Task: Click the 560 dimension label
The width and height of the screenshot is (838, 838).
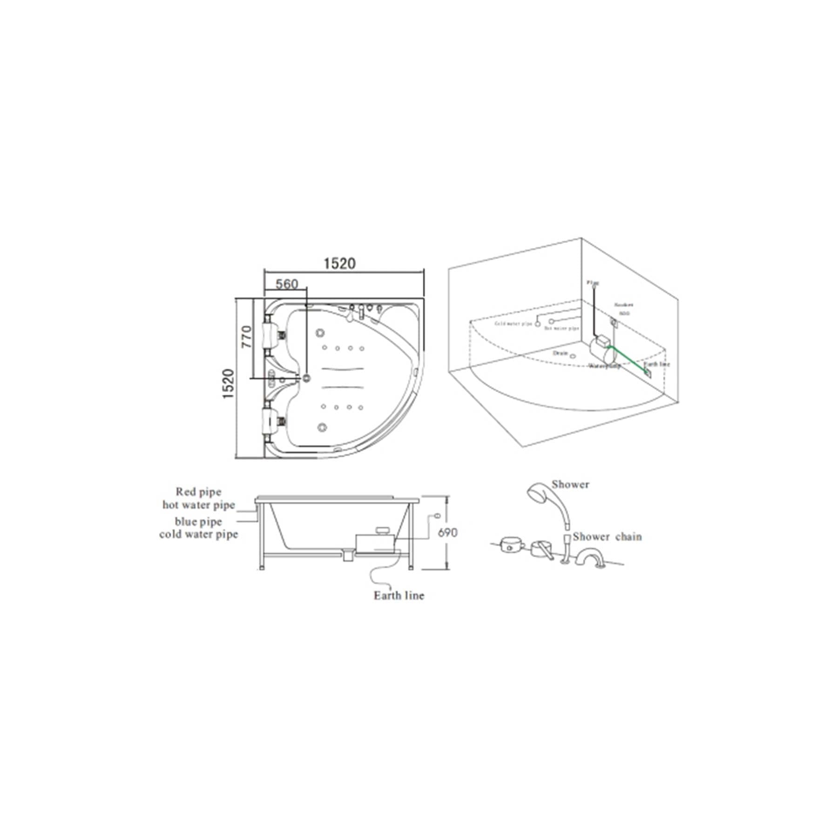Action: (286, 284)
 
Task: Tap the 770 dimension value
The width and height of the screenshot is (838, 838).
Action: (246, 336)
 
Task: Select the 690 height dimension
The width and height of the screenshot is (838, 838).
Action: (447, 532)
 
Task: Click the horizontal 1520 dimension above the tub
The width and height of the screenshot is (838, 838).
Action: (339, 264)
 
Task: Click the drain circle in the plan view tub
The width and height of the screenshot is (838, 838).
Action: (306, 378)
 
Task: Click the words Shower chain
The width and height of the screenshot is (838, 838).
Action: (607, 537)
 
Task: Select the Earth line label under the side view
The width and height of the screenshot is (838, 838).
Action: (399, 595)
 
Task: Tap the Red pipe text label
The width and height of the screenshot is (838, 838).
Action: (198, 492)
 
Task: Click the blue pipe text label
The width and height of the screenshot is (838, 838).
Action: (198, 521)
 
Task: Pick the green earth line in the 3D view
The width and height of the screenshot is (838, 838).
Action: (628, 358)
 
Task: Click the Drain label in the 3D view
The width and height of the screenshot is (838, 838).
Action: (560, 353)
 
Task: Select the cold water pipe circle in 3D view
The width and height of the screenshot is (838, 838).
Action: (538, 324)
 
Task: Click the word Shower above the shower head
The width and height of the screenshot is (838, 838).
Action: (570, 484)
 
